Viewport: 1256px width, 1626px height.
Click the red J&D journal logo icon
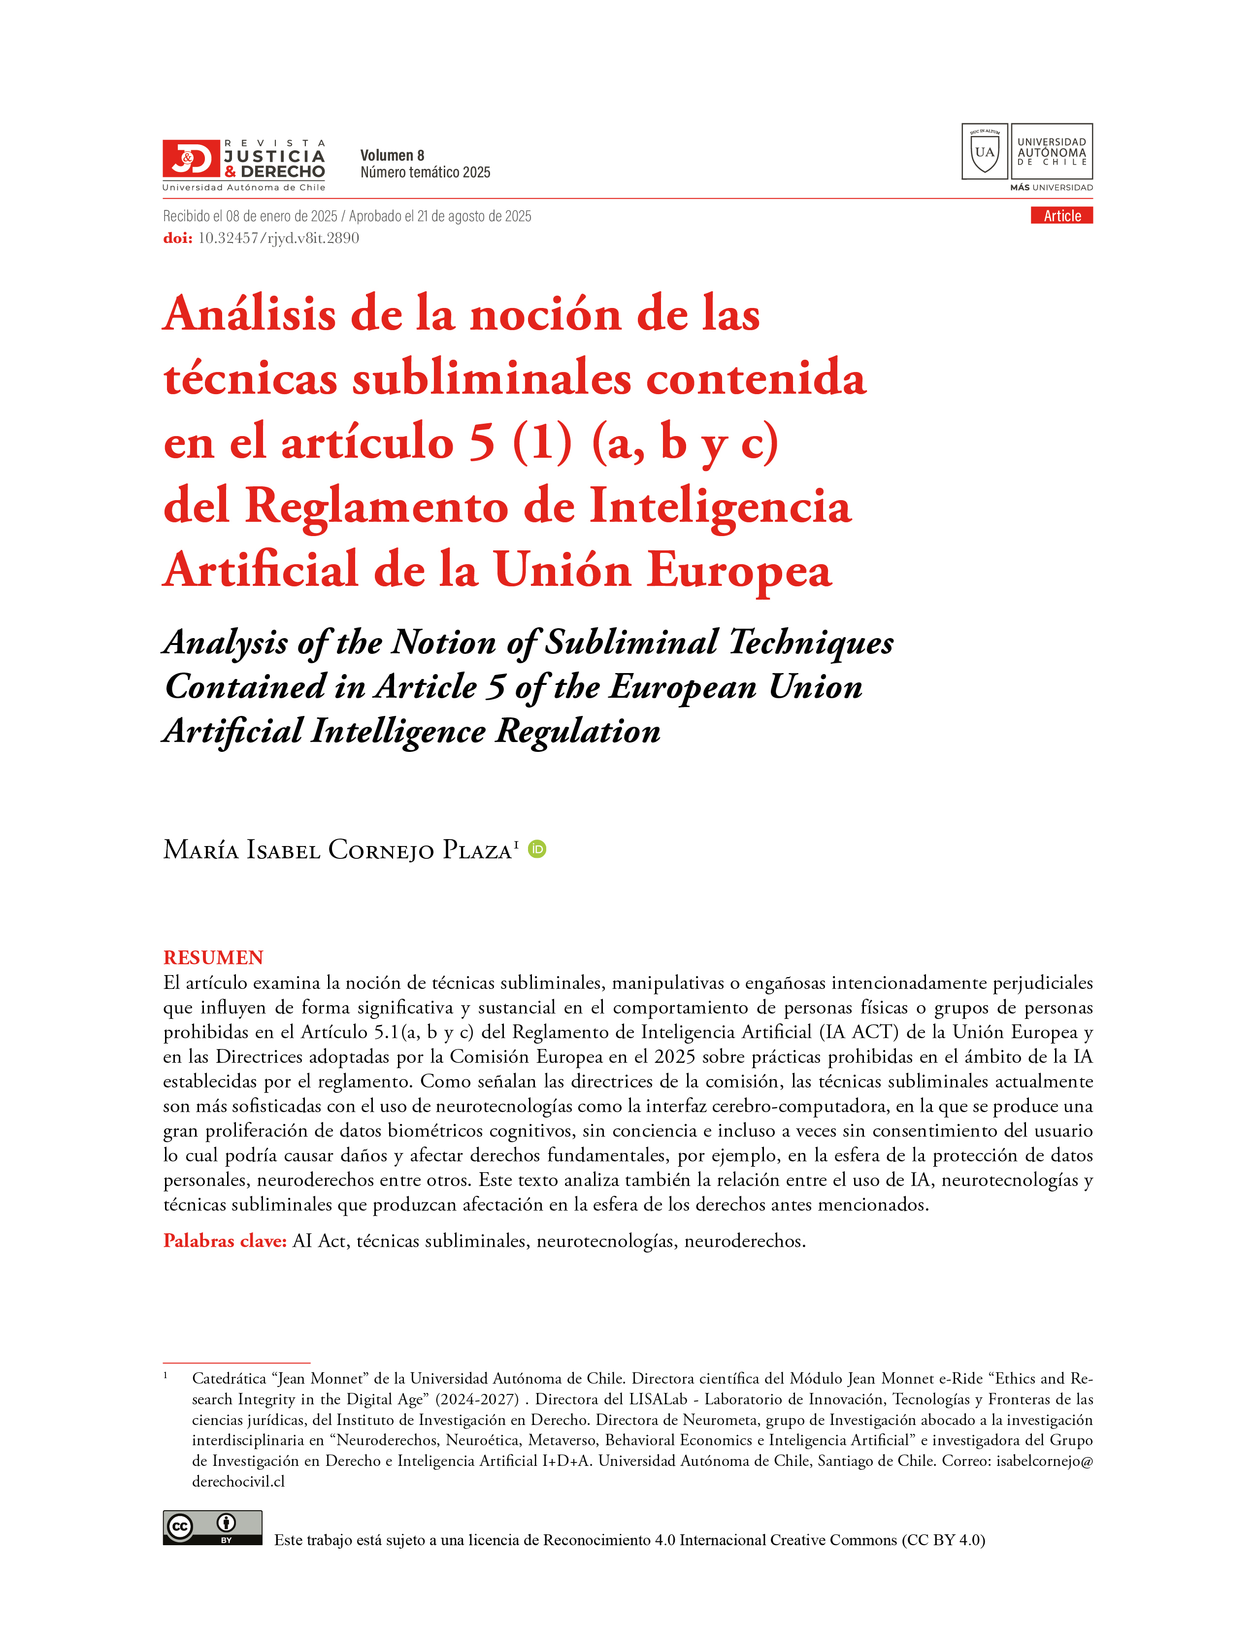191,158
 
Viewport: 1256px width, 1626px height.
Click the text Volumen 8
392,156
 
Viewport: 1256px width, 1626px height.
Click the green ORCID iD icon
536,849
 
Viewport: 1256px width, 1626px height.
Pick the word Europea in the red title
738,571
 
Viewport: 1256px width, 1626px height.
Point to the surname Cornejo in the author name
380,850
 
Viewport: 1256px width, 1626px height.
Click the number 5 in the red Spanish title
481,442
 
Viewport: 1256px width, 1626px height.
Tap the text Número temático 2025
425,173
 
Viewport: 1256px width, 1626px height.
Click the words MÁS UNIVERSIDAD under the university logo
1051,188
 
